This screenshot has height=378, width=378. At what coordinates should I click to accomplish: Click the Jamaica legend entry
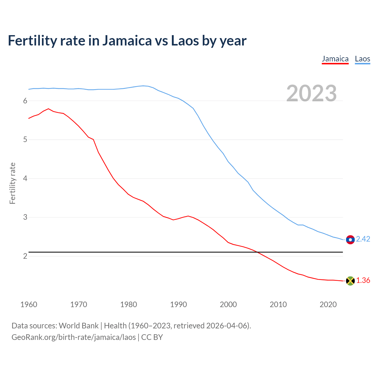pyautogui.click(x=335, y=59)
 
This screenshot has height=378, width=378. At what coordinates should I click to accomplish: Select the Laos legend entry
pyautogui.click(x=362, y=59)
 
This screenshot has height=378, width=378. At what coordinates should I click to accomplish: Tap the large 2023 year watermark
pyautogui.click(x=312, y=93)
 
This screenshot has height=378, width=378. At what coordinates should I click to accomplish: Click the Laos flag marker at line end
pyautogui.click(x=350, y=239)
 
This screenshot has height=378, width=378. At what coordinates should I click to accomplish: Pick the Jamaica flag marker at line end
pyautogui.click(x=350, y=281)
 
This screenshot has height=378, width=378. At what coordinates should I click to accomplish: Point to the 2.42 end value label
pyautogui.click(x=363, y=239)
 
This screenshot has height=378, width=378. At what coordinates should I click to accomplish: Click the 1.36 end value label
pyautogui.click(x=363, y=281)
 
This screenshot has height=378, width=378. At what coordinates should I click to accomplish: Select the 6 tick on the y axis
pyautogui.click(x=25, y=101)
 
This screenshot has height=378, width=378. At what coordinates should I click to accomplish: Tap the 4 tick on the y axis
pyautogui.click(x=25, y=179)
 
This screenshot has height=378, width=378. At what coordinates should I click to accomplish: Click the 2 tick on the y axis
pyautogui.click(x=25, y=256)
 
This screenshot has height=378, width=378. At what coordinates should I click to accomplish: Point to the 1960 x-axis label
pyautogui.click(x=29, y=304)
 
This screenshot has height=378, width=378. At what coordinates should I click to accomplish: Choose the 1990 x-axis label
pyautogui.click(x=178, y=304)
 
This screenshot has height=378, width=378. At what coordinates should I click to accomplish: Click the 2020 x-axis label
pyautogui.click(x=328, y=304)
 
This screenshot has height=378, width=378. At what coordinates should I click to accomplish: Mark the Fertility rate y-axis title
pyautogui.click(x=12, y=183)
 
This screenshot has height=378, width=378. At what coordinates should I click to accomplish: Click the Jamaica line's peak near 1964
pyautogui.click(x=48, y=109)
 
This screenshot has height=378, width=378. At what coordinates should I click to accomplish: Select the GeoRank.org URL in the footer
pyautogui.click(x=74, y=337)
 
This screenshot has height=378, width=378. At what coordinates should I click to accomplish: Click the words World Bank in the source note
pyautogui.click(x=79, y=326)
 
